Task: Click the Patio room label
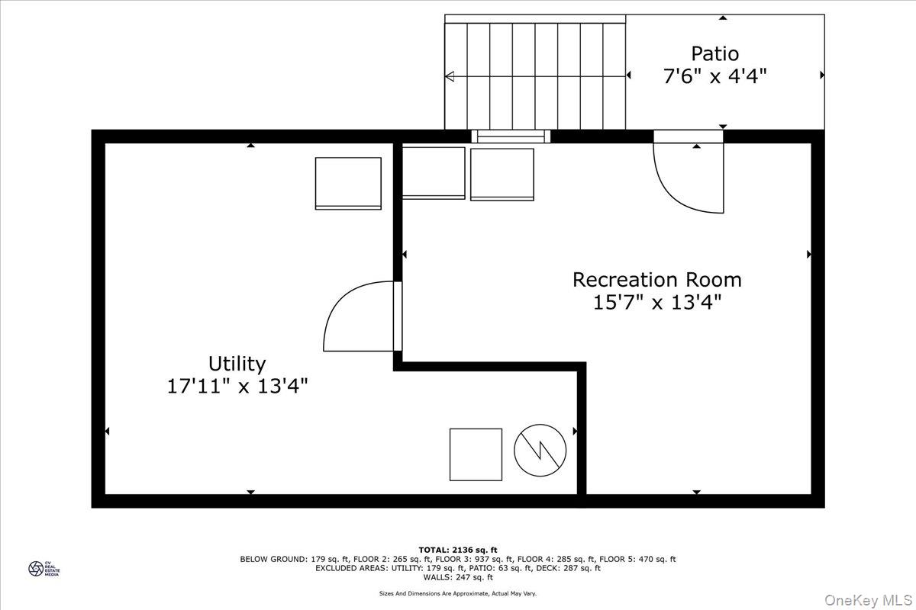[714, 54]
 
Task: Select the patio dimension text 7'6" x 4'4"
[714, 76]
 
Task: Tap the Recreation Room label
[656, 280]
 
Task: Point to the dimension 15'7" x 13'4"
[656, 303]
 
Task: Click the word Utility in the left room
[237, 364]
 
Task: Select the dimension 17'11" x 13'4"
[237, 387]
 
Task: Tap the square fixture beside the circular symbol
[476, 454]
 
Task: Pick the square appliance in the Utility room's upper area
[348, 183]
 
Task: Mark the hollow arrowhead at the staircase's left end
[450, 75]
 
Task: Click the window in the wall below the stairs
[511, 137]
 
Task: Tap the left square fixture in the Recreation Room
[433, 173]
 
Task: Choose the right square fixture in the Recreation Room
[502, 175]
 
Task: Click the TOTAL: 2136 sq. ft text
[458, 549]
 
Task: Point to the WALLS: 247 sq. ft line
[458, 577]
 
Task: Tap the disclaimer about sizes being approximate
[458, 593]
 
